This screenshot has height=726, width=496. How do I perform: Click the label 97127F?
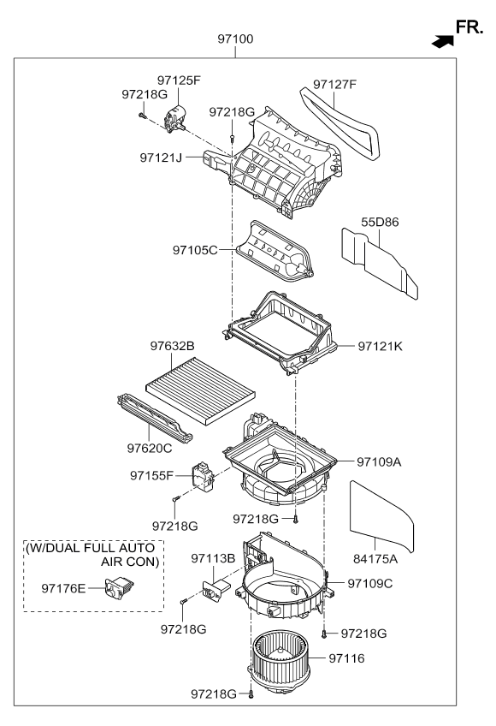click(334, 85)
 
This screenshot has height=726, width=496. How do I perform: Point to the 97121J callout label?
click(163, 158)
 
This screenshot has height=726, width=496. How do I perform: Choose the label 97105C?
click(196, 250)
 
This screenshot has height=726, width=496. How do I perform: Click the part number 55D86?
click(380, 221)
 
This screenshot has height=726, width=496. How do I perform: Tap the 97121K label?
click(381, 346)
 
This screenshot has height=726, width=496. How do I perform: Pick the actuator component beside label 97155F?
click(204, 477)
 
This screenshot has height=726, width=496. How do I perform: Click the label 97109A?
click(381, 461)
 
